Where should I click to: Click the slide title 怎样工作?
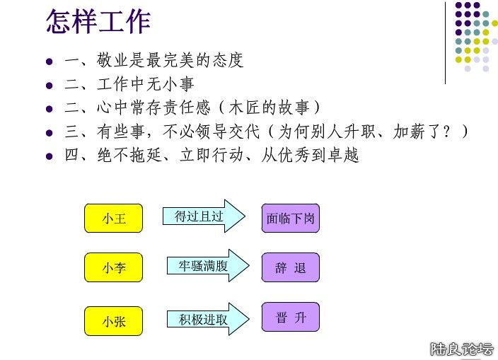tap(98, 21)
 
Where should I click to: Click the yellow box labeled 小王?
tap(113, 218)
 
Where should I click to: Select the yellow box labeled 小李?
tap(113, 267)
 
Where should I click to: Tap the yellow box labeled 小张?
tap(113, 321)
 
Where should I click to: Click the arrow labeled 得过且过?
tap(204, 216)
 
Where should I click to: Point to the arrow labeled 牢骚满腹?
tap(209, 265)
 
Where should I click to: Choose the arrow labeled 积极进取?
tap(209, 319)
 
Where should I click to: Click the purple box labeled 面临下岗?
tap(290, 218)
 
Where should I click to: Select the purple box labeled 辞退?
tap(290, 267)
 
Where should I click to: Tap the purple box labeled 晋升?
tap(290, 317)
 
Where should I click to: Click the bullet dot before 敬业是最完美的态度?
tap(50, 62)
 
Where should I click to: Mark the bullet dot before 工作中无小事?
tap(50, 85)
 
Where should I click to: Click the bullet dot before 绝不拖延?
tap(50, 156)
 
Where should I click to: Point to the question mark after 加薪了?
tap(447, 131)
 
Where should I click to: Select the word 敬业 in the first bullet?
tap(112, 60)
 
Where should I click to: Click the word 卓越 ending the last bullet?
tap(343, 155)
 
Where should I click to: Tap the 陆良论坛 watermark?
tap(462, 349)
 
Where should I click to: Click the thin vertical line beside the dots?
tap(445, 43)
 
